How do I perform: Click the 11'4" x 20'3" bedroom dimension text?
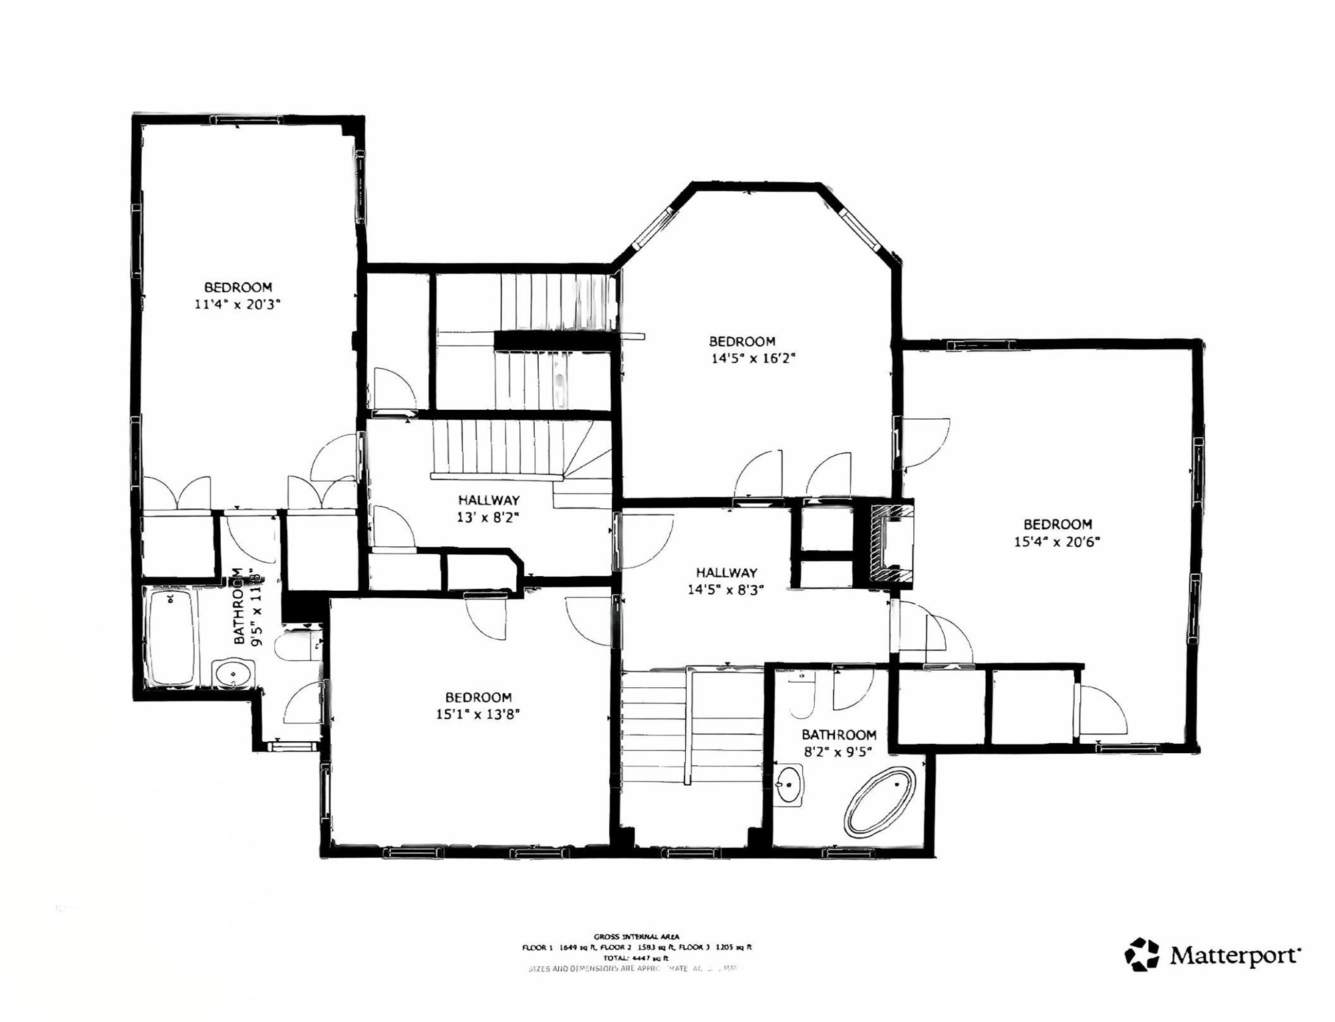click(237, 305)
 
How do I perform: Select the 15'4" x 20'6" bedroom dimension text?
click(1056, 542)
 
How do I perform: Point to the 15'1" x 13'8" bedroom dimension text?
click(477, 715)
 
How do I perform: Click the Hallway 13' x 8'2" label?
click(488, 509)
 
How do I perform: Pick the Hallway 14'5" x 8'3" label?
click(726, 581)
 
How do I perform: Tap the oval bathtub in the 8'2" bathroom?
click(879, 802)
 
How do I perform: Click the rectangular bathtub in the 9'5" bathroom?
click(172, 637)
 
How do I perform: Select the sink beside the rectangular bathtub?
click(233, 673)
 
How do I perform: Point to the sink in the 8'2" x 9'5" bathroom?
click(790, 785)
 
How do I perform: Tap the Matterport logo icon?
click(1141, 955)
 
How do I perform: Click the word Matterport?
click(1234, 956)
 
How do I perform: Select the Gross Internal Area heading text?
click(637, 937)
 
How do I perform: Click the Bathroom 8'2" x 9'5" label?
click(838, 743)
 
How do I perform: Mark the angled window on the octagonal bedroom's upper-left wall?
click(653, 228)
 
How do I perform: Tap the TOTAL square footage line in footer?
click(637, 958)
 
